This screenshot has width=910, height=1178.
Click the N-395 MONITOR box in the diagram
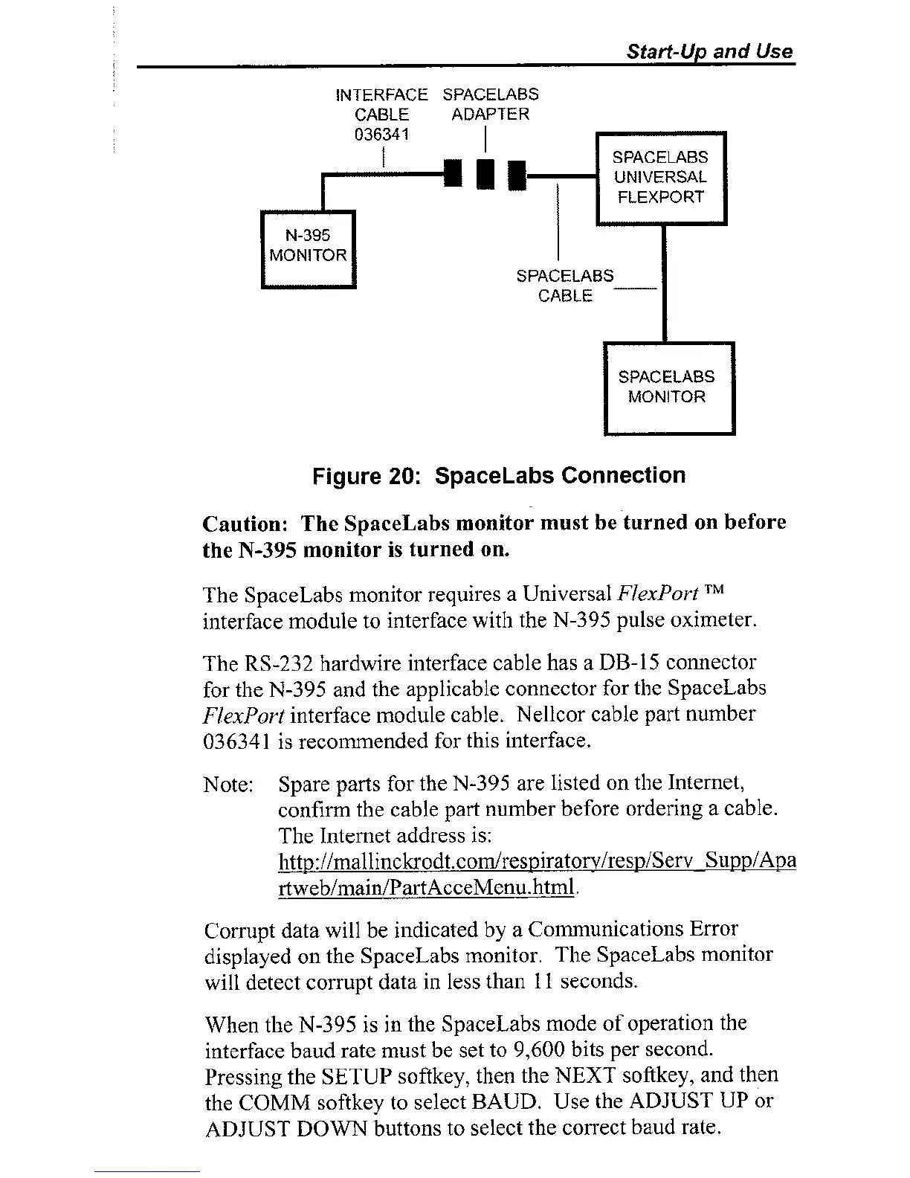coord(309,248)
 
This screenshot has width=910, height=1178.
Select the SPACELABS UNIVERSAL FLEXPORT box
coord(660,178)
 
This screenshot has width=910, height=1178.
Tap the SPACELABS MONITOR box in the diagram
coord(667,387)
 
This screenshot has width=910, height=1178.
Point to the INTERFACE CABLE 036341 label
coord(382,115)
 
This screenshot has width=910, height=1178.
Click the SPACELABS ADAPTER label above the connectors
coord(490,104)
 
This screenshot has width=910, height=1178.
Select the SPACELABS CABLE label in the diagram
coord(565,286)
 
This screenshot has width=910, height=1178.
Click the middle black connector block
coord(485,174)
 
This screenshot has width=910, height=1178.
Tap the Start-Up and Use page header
coord(709,51)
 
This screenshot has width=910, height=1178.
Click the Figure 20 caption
coord(499,475)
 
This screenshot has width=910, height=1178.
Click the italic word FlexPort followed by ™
coord(658,594)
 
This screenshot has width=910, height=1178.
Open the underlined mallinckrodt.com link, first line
coord(536,861)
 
